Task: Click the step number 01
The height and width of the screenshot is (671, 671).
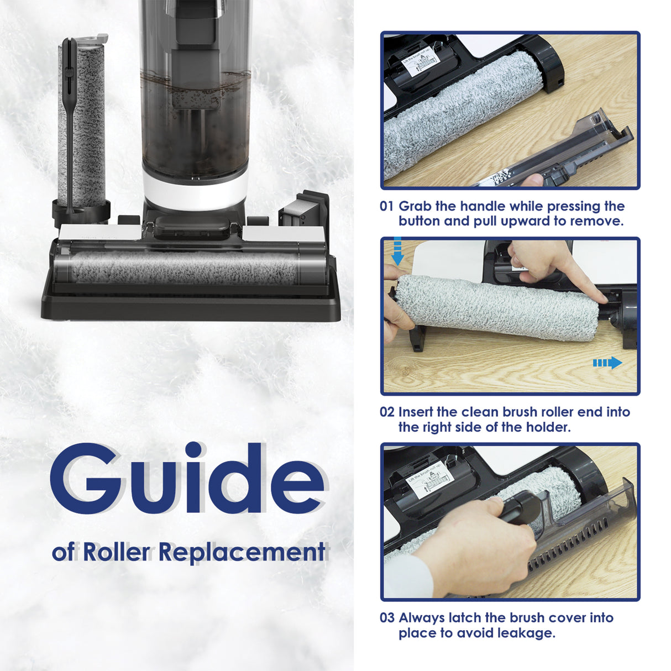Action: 387,207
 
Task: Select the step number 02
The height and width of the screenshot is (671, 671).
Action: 387,412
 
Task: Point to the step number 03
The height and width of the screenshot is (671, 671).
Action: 387,618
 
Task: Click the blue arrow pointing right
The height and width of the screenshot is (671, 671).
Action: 607,363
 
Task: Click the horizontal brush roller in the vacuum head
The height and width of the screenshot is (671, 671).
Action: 185,268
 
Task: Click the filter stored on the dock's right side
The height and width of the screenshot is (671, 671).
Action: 300,213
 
